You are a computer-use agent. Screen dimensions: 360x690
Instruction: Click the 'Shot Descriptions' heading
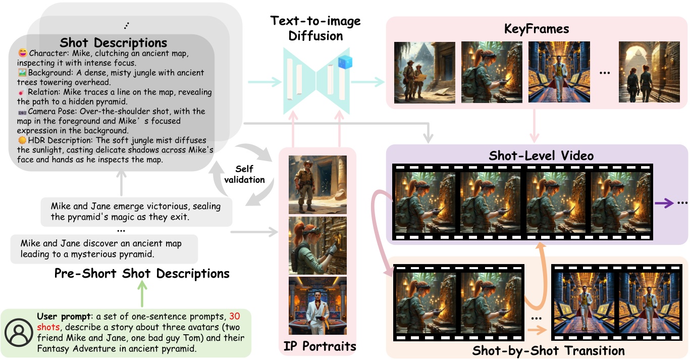point(113,42)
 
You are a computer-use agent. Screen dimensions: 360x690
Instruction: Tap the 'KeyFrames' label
point(537,29)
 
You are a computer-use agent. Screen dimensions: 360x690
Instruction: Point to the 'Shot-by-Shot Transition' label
point(548,350)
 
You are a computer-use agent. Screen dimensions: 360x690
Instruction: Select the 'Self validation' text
point(250,174)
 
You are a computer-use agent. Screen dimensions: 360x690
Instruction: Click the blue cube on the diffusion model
point(345,63)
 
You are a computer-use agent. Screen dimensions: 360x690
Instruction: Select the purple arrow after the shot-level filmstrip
point(665,203)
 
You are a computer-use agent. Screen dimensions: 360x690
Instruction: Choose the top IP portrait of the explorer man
point(317,185)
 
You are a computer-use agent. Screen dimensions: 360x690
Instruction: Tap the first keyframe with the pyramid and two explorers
point(424,72)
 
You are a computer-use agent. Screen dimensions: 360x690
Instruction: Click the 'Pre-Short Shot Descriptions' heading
point(142,274)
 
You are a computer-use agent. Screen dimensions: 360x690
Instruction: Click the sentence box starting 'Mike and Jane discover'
point(103,249)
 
